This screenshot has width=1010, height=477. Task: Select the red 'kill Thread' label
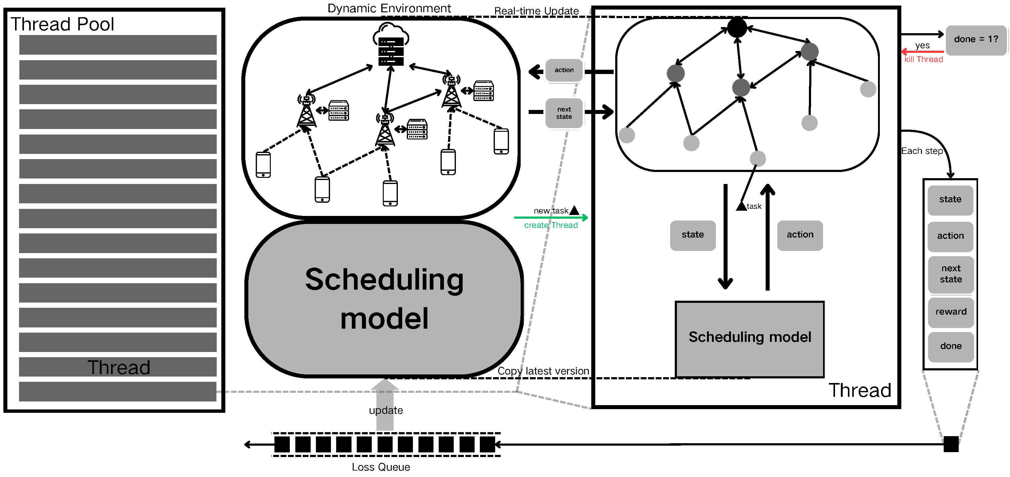tap(923, 60)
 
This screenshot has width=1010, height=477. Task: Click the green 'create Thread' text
tap(550, 225)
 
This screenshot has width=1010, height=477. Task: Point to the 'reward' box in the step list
tap(950, 312)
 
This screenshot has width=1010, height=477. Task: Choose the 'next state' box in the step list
tap(950, 274)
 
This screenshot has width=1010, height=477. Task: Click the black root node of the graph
tap(737, 27)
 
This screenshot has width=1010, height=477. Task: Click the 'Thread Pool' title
tap(62, 24)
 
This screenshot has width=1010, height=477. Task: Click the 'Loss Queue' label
tap(380, 467)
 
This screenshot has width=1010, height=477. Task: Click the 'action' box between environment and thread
tap(564, 70)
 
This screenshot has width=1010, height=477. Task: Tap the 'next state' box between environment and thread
tap(564, 113)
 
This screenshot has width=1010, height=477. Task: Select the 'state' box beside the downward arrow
tap(692, 235)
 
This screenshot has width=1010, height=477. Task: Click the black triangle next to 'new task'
tap(574, 211)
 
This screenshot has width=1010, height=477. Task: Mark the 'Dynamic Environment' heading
tap(389, 8)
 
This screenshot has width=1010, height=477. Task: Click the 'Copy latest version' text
tap(543, 371)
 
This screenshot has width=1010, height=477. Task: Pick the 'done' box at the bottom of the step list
tap(950, 346)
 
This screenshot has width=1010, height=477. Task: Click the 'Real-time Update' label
tap(536, 11)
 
